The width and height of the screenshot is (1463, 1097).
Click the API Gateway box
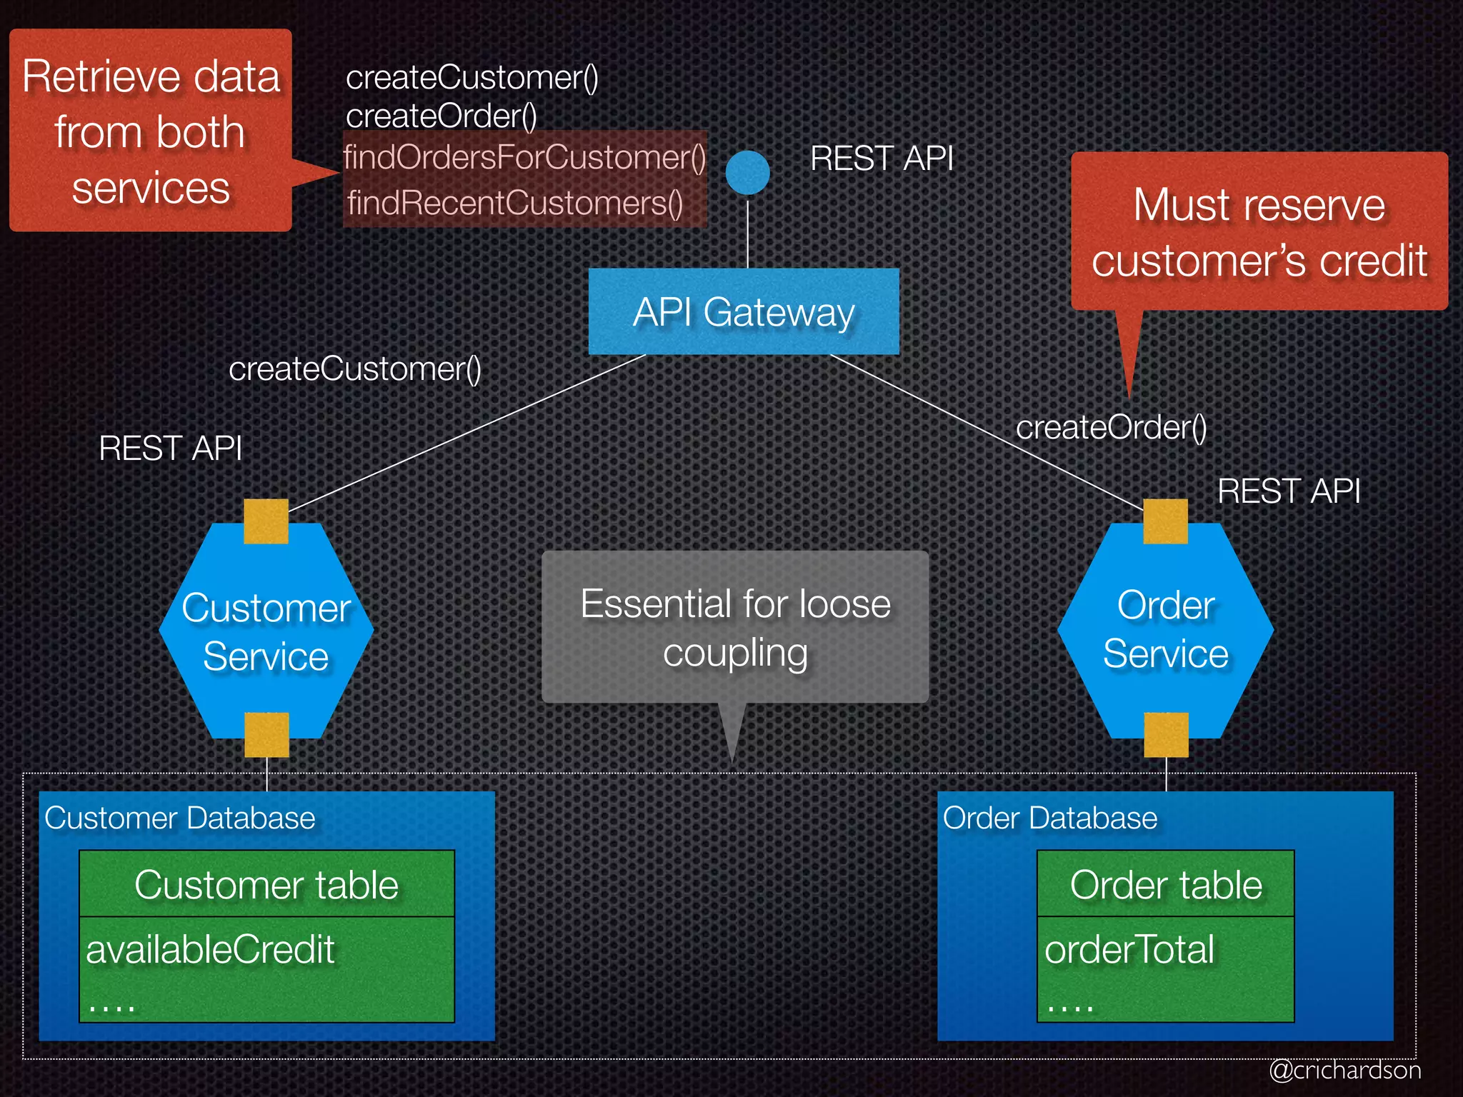click(x=743, y=311)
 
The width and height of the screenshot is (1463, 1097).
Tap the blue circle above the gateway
click(x=747, y=172)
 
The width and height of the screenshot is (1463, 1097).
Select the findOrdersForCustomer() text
click(x=524, y=157)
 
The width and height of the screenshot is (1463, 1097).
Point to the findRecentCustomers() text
click(x=514, y=203)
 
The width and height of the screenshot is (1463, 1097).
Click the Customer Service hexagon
click(x=266, y=631)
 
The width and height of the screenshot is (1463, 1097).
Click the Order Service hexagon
click(x=1165, y=630)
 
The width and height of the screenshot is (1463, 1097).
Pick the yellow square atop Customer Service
click(x=266, y=521)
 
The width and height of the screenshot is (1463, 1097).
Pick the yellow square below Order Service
click(x=1166, y=734)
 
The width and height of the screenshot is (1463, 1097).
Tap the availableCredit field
click(x=210, y=950)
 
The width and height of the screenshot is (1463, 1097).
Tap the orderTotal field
click(x=1129, y=950)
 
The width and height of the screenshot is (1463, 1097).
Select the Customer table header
click(x=266, y=884)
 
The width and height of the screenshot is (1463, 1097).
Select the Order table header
click(x=1165, y=884)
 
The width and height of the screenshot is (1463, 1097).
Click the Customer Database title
click(x=179, y=818)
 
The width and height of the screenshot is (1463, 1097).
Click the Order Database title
click(x=1049, y=818)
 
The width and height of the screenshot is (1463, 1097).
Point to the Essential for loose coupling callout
click(x=734, y=627)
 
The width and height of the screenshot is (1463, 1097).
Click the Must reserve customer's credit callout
click(x=1259, y=231)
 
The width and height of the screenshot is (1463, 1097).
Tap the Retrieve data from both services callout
click(x=151, y=131)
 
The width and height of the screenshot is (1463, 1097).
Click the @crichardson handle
click(x=1344, y=1070)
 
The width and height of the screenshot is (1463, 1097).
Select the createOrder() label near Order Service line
click(x=1111, y=427)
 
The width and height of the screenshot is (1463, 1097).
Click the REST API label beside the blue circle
click(x=882, y=158)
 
